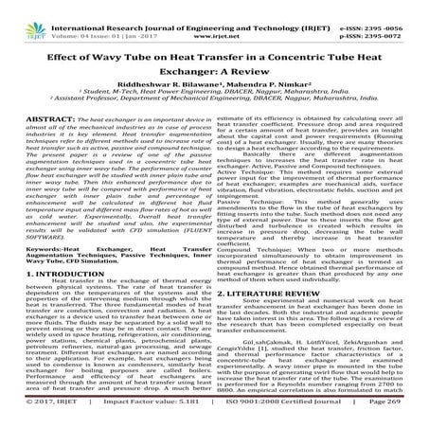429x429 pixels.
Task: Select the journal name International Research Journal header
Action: click(x=133, y=7)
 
